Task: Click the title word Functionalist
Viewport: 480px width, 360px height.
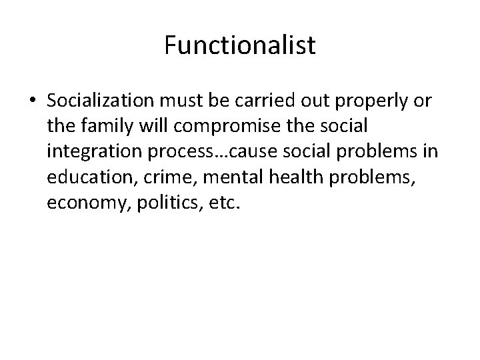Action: click(x=240, y=46)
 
